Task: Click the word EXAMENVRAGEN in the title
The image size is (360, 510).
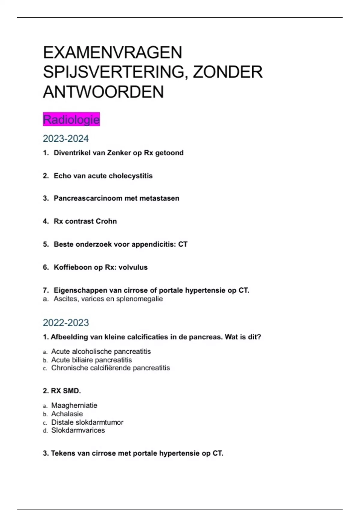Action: [x=112, y=53]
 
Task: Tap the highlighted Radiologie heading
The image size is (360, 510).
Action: [x=71, y=120]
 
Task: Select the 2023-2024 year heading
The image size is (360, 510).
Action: [x=66, y=139]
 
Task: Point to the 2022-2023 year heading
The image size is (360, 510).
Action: [x=66, y=323]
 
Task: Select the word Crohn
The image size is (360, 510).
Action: [x=106, y=221]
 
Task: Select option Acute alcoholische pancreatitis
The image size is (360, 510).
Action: [x=101, y=351]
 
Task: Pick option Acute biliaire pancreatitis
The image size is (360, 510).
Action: [x=91, y=360]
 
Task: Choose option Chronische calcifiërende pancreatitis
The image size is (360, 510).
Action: [x=110, y=368]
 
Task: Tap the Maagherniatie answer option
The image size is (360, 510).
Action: [x=74, y=405]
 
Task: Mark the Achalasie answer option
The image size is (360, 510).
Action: [x=67, y=414]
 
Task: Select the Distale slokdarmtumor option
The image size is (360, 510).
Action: [x=87, y=422]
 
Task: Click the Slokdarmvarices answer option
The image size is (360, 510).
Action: [x=78, y=430]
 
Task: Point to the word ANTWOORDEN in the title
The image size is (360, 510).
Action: [x=103, y=92]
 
